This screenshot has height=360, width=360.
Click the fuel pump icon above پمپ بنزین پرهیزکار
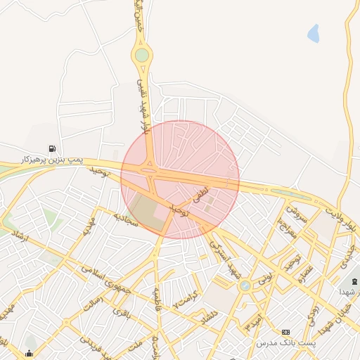[x=53, y=148]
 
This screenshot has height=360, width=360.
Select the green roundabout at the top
[x=143, y=54]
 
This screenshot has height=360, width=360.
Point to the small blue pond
[x=313, y=32]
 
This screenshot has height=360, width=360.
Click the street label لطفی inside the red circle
[x=202, y=191]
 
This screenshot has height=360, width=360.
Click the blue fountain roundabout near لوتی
[x=245, y=285]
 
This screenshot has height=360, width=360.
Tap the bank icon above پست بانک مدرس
[x=285, y=332]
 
